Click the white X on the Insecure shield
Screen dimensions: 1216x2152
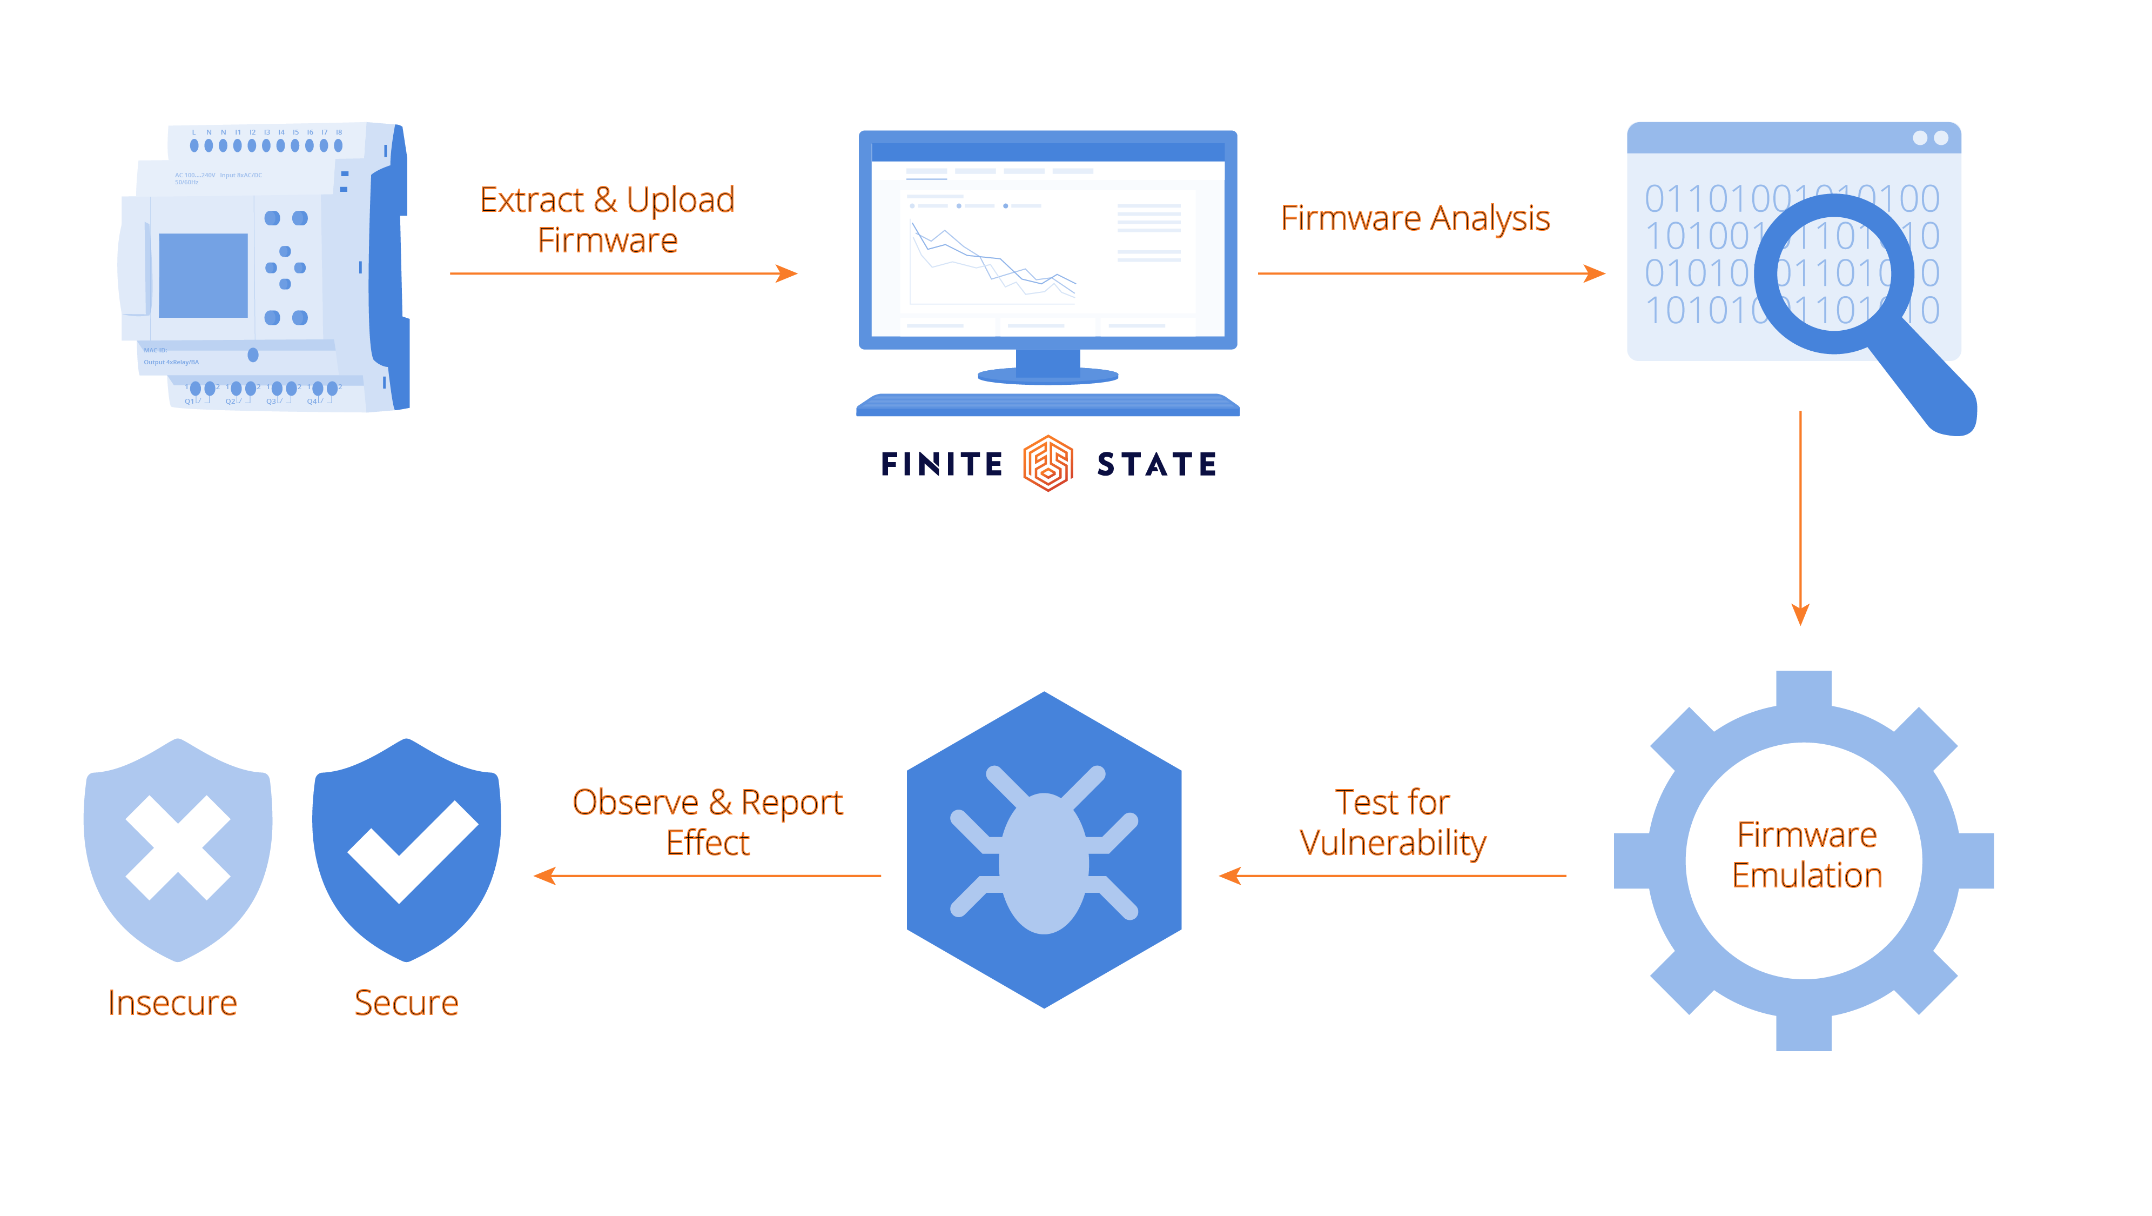click(178, 847)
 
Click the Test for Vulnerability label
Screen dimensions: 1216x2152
click(1393, 823)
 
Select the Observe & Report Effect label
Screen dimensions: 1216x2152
click(708, 823)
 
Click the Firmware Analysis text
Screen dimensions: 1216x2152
click(1415, 218)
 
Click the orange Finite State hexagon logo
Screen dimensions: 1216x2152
click(1047, 463)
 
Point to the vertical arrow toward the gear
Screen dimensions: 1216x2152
click(1800, 518)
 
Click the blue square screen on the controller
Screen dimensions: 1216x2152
click(203, 275)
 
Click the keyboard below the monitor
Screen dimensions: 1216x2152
click(1047, 406)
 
